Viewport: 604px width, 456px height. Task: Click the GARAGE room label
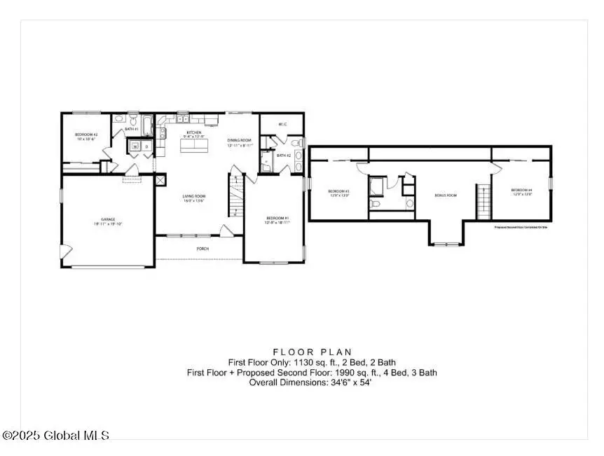tap(107, 221)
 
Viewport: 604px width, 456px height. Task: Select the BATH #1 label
tap(131, 130)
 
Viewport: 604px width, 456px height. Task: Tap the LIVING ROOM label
tap(193, 198)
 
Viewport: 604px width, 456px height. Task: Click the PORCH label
tap(200, 248)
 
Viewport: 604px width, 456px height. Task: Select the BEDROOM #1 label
tap(277, 219)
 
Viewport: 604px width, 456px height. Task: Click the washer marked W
tap(135, 146)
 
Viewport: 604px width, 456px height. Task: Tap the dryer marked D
tap(146, 146)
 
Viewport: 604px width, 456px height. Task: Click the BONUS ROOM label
tap(446, 195)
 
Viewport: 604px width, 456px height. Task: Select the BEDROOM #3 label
tap(338, 193)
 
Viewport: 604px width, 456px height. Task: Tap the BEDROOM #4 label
tap(521, 191)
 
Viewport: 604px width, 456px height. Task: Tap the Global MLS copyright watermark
tap(56, 436)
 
